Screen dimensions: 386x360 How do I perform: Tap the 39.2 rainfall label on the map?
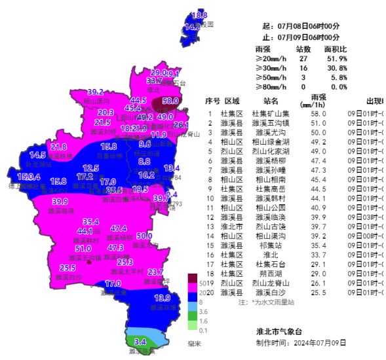pyautogui.click(x=96, y=92)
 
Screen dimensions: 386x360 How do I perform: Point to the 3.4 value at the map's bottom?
pyautogui.click(x=140, y=342)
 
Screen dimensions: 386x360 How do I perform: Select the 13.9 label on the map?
pyautogui.click(x=162, y=298)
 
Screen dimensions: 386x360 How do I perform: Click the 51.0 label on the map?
pyautogui.click(x=83, y=249)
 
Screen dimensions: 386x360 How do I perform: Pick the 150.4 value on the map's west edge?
pyautogui.click(x=29, y=177)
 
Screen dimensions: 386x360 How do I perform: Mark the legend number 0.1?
pyautogui.click(x=204, y=330)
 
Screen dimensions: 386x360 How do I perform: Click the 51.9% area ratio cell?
pyautogui.click(x=336, y=59)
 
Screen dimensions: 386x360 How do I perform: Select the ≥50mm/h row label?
pyautogui.click(x=271, y=77)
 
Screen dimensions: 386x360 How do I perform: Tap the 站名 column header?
pyautogui.click(x=271, y=101)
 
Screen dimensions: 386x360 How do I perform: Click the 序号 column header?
pyautogui.click(x=212, y=101)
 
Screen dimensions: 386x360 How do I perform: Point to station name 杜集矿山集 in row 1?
pyautogui.click(x=271, y=114)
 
